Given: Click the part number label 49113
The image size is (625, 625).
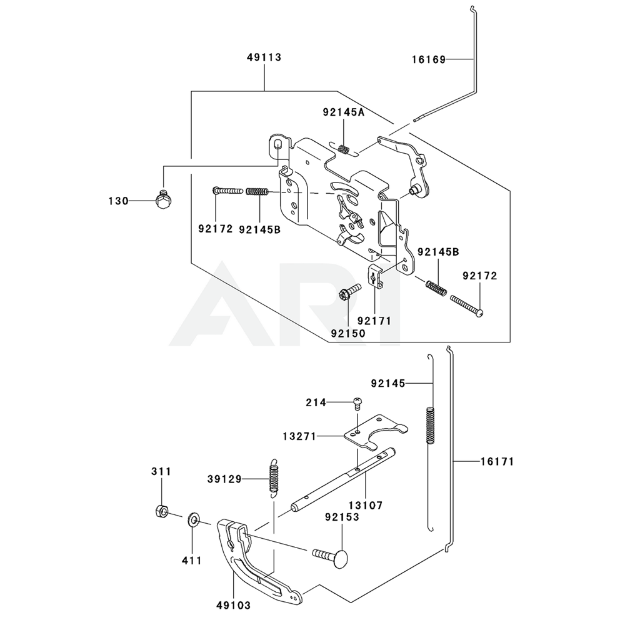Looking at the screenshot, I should (264, 57).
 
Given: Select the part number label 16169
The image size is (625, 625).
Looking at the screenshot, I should (428, 60).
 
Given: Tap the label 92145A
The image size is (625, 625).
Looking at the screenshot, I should (343, 112).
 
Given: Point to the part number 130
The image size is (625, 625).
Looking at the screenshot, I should (117, 201).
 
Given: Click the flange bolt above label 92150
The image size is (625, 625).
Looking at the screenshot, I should (349, 291).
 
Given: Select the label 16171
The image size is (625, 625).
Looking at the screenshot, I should (497, 462).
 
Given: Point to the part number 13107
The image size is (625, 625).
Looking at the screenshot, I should (366, 505).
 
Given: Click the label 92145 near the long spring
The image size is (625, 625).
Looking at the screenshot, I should (387, 382).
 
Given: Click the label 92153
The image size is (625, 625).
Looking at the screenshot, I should (342, 517).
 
